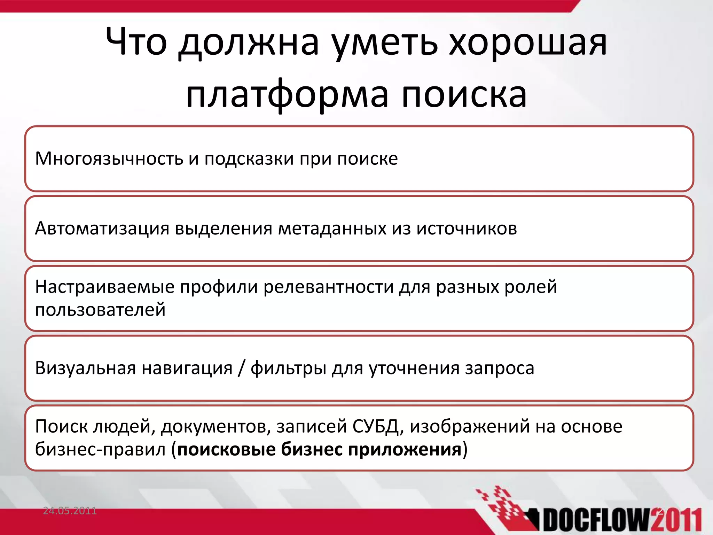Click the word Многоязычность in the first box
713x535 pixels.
tap(109, 159)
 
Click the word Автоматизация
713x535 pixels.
tap(102, 228)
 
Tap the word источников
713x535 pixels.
tap(467, 228)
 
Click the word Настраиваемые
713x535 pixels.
tap(105, 287)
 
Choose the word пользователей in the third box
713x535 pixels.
tap(100, 310)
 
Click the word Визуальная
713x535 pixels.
tap(85, 368)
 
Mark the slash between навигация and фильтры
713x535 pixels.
tap(241, 368)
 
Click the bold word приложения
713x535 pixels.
tap(405, 450)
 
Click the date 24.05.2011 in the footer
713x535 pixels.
tap(70, 511)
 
